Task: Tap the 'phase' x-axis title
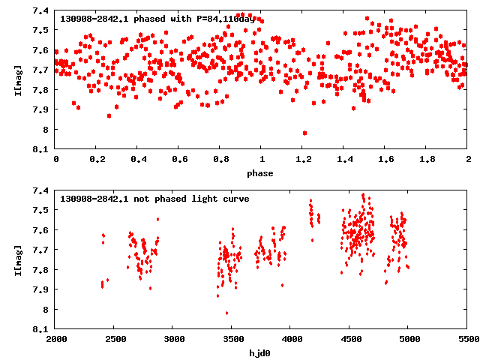262,173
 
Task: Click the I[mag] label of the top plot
18,79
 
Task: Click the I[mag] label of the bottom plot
18,259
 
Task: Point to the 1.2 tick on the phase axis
303,160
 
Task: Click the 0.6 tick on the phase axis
179,160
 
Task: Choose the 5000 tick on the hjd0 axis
408,339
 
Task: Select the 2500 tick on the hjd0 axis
114,339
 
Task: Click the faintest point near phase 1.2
304,133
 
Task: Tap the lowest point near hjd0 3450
226,313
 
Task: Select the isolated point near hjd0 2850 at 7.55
157,219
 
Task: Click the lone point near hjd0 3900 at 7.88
282,285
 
